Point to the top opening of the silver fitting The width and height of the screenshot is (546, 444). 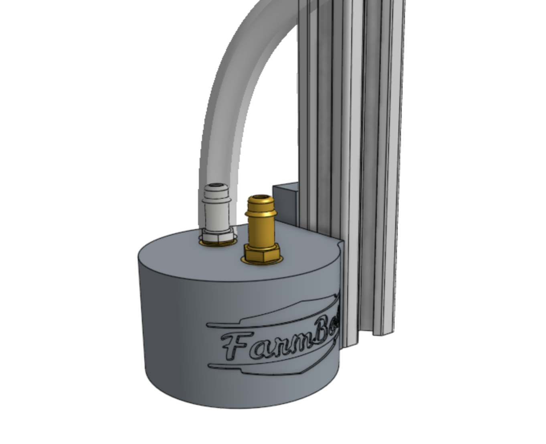(216, 186)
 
